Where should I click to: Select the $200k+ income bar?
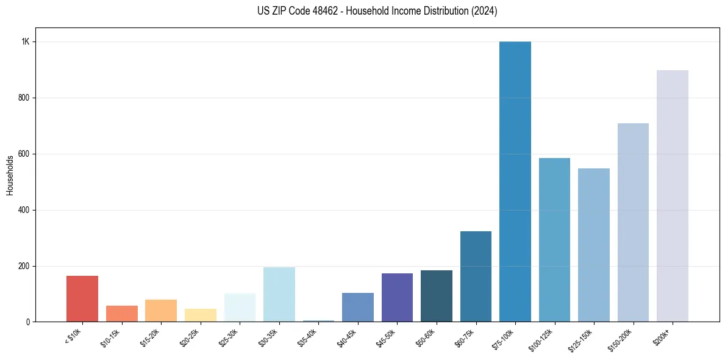[x=673, y=196]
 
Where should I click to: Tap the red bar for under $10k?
[x=82, y=299]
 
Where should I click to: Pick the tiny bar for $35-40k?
[x=318, y=320]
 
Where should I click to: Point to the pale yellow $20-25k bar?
[x=201, y=315]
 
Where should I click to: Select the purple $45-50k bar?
[x=397, y=297]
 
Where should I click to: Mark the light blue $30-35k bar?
[x=279, y=294]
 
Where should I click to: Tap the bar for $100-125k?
[x=554, y=240]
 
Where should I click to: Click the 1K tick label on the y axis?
[x=26, y=41]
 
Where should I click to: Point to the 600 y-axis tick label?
[x=24, y=154]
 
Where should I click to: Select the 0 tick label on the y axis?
[x=28, y=322]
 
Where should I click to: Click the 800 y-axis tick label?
[x=24, y=98]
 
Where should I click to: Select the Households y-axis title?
[x=10, y=175]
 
